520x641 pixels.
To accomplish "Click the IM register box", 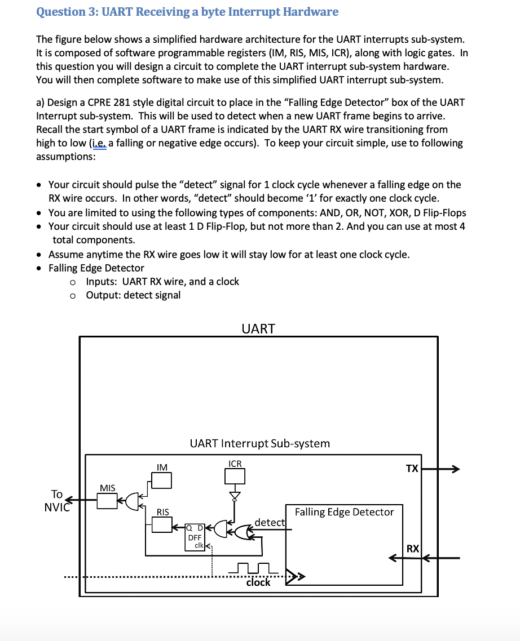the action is click(x=162, y=480).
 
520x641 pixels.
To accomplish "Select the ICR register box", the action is click(x=235, y=476).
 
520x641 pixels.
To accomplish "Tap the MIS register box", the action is click(x=107, y=501).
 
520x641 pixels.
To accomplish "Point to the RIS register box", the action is click(x=162, y=524).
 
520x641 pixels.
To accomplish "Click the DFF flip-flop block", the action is click(x=195, y=537).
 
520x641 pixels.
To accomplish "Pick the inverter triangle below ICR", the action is click(x=235, y=496).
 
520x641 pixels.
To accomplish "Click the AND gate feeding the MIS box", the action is click(x=132, y=502).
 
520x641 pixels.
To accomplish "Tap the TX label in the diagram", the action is click(x=412, y=469).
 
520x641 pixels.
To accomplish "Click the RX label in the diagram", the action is click(x=413, y=549).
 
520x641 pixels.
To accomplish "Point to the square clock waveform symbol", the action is click(x=253, y=568).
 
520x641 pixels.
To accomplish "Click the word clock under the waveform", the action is click(x=258, y=582).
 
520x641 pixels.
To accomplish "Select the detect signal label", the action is click(x=270, y=523).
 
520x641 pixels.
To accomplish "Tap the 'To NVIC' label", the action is click(x=57, y=501).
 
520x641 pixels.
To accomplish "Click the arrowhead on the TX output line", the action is click(x=455, y=469).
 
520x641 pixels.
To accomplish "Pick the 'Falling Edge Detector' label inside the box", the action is click(x=345, y=512).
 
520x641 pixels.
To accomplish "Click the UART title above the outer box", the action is click(x=258, y=329).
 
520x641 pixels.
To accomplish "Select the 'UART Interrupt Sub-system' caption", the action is click(x=260, y=443).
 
